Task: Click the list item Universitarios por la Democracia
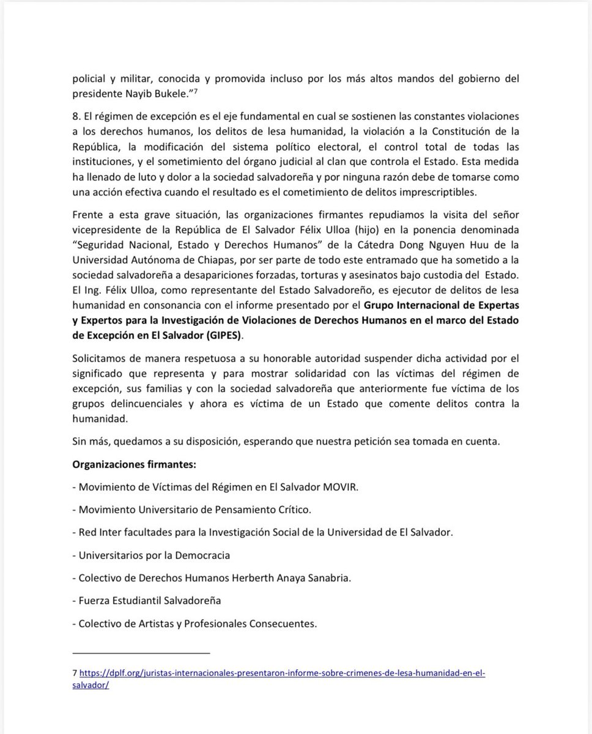(151, 555)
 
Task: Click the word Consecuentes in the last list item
(284, 623)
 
